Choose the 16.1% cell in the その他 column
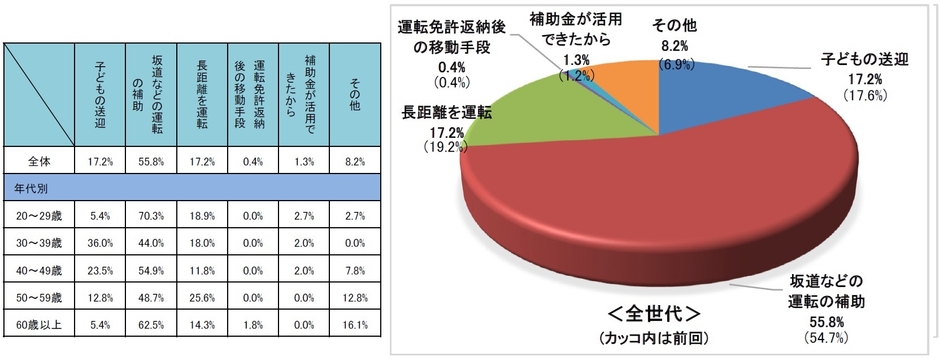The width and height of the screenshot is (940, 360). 355,324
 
